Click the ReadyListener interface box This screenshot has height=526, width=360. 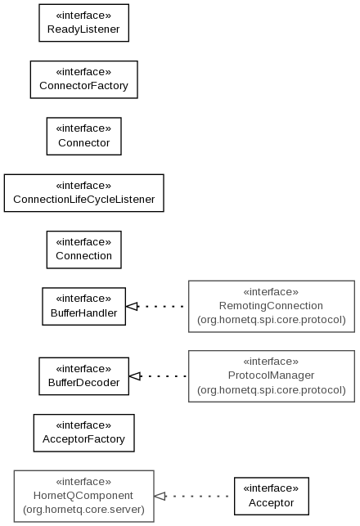click(x=84, y=23)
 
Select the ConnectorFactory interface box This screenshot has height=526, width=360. click(x=84, y=79)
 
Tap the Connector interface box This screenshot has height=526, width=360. click(x=84, y=136)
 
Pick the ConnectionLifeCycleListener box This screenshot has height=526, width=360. click(x=84, y=193)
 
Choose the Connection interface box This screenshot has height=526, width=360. click(x=84, y=250)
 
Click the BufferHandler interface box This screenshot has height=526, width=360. click(x=84, y=306)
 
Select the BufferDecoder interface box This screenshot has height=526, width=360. click(x=84, y=376)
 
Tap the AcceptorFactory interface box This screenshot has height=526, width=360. click(x=84, y=433)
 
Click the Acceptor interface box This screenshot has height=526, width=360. click(x=272, y=497)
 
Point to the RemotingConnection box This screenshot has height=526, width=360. click(x=272, y=306)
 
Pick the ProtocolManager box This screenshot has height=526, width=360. click(x=272, y=376)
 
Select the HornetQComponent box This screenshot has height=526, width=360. click(x=84, y=497)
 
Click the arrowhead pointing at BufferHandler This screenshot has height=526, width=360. click(x=132, y=306)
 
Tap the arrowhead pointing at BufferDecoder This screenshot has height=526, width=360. click(x=135, y=376)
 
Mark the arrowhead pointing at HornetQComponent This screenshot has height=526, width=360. click(x=160, y=497)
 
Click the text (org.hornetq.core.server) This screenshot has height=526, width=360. click(x=84, y=509)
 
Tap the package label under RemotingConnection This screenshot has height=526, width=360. click(x=272, y=320)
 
